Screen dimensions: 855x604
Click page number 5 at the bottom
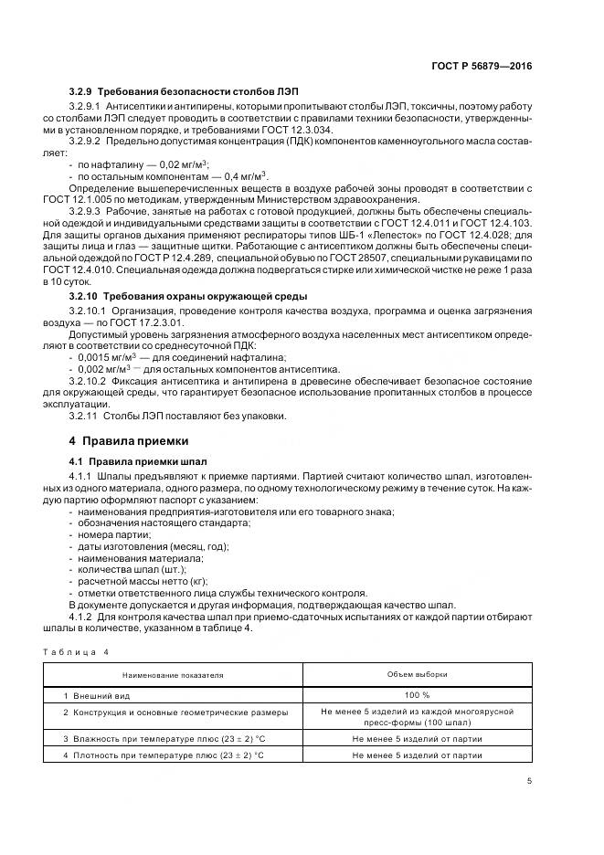pyautogui.click(x=530, y=781)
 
